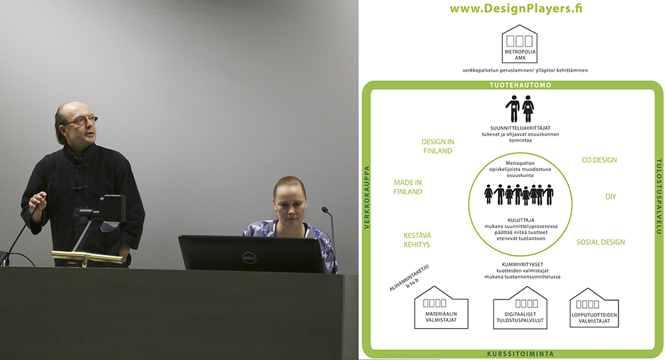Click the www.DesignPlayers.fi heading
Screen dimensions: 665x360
pos(516,9)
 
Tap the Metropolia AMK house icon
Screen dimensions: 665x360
pos(519,44)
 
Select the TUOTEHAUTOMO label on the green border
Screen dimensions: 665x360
pos(521,85)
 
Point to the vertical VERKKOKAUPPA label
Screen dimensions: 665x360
pos(367,197)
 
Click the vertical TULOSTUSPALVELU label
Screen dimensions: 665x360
pos(659,196)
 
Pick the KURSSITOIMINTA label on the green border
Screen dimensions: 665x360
pos(520,353)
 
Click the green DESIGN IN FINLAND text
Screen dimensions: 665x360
pos(438,146)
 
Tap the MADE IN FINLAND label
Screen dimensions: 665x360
pos(408,187)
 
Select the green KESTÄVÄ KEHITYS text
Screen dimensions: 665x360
pos(417,240)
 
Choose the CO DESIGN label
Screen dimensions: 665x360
pos(599,160)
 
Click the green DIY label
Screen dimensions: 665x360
pos(610,196)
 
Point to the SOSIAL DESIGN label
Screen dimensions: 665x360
pos(600,242)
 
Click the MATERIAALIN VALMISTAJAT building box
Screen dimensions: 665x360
pos(441,307)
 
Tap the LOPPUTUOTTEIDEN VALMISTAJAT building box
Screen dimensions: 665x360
pos(594,308)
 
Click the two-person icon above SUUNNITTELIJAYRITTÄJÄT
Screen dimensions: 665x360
pos(519,108)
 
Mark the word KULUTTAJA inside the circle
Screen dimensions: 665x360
pos(521,220)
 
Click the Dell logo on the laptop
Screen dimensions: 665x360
pos(249,257)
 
